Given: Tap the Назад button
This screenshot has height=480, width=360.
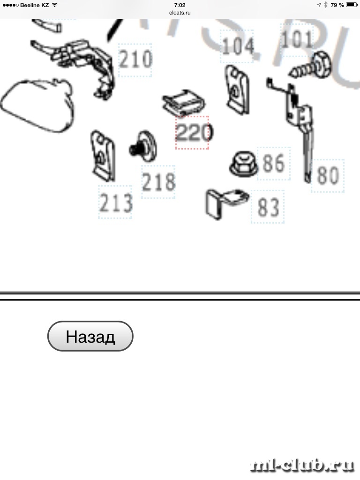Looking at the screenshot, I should pos(90,336).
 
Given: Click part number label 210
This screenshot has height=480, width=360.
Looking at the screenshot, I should pos(135,60).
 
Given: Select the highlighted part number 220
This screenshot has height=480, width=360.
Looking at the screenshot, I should pos(192,133).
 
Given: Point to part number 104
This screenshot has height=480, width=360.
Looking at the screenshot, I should pos(238,46).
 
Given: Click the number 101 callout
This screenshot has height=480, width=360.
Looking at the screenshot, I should pos(296,40).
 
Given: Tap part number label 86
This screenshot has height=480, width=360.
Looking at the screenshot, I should pos(274,164).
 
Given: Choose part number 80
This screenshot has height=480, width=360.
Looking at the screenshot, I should pos(328,176).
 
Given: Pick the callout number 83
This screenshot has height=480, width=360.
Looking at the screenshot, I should pos(268,207).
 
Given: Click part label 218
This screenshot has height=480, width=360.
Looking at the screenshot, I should pos(158,182).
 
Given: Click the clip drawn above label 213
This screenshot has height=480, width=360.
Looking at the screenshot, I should pos(103,155).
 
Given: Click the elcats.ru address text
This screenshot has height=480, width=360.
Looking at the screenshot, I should pos(180,13).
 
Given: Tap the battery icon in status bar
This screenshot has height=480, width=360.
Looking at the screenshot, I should pos(351,5).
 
